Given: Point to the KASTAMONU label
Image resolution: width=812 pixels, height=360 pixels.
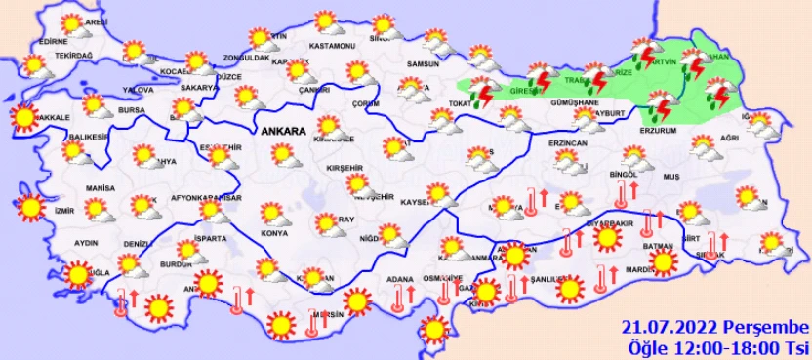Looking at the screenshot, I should pos(329,46).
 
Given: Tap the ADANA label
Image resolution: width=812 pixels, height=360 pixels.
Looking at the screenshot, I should pos(399,281).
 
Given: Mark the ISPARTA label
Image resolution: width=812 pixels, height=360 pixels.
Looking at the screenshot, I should pos(210,237).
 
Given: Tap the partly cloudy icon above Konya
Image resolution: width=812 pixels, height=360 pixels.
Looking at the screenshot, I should pos(271,214).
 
